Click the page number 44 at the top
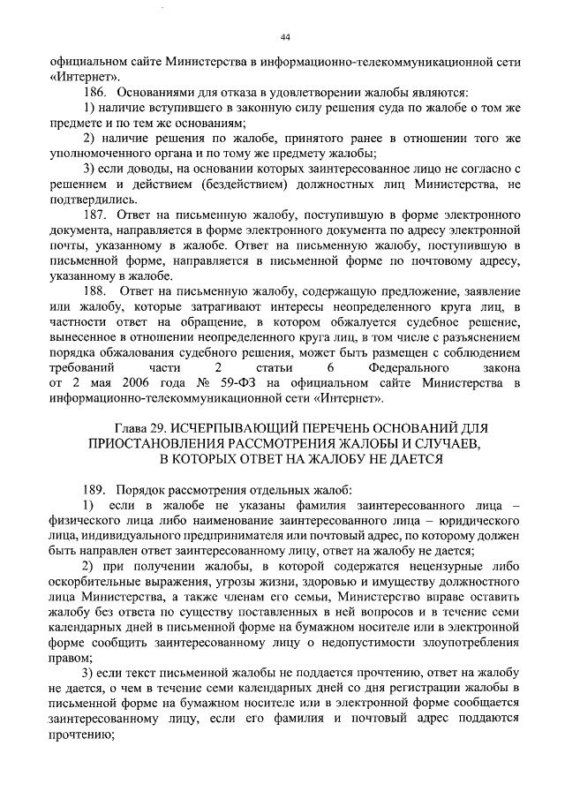coord(284,36)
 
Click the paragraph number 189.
coord(94,487)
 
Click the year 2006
coord(134,382)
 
